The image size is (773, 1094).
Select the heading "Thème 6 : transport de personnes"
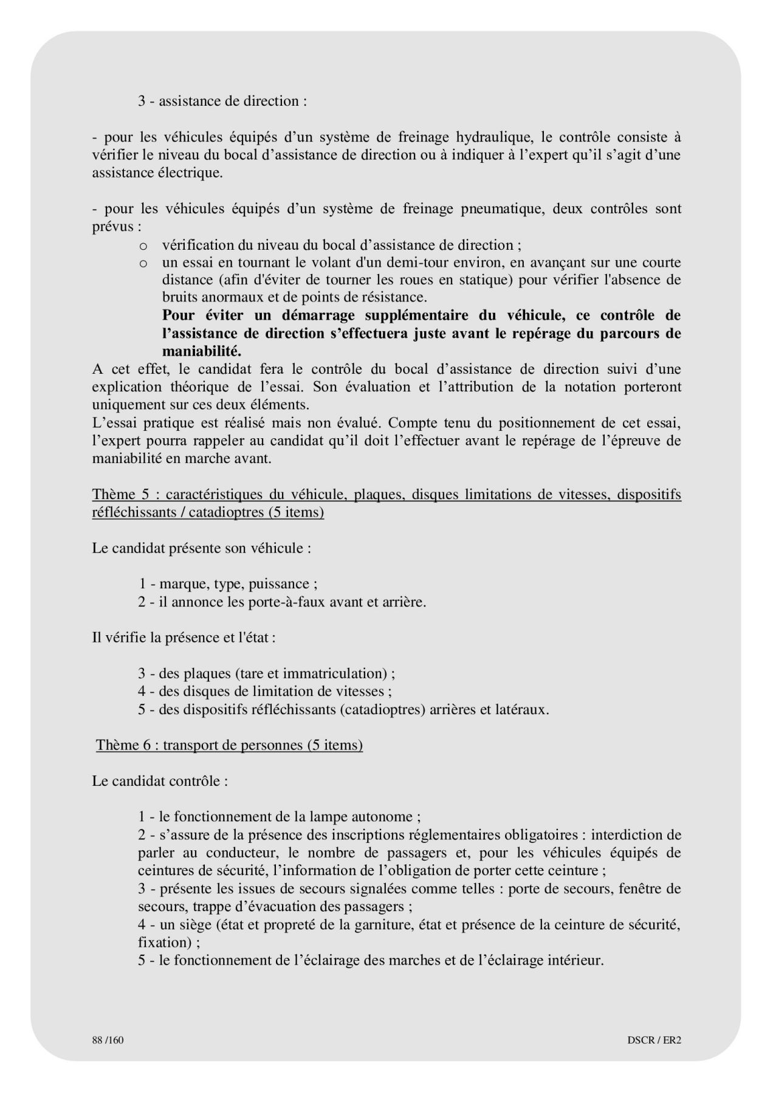[x=229, y=745]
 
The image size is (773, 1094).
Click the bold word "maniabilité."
[x=202, y=351]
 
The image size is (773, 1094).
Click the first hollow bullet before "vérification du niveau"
[x=143, y=246]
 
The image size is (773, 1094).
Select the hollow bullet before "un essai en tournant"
[x=143, y=264]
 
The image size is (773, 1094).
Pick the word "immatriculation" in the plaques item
[x=335, y=673]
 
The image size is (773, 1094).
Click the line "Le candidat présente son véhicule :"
[x=202, y=548]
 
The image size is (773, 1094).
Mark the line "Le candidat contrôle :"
[x=160, y=781]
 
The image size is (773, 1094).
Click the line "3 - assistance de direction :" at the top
[x=222, y=101]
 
